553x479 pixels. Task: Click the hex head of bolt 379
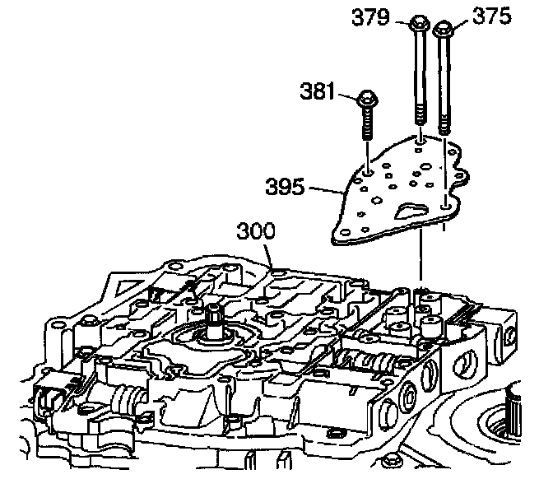point(417,23)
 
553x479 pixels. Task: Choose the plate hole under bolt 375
point(445,201)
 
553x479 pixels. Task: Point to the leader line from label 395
point(324,188)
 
